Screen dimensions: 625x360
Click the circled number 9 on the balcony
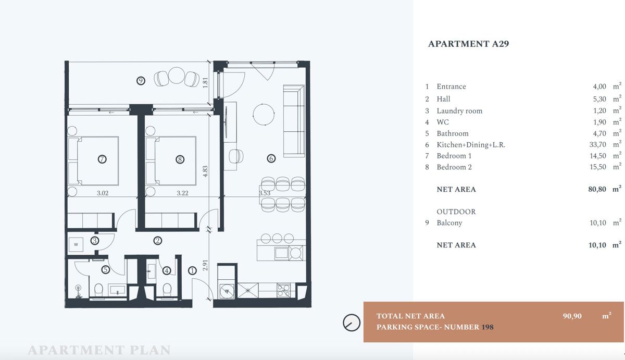tap(141, 81)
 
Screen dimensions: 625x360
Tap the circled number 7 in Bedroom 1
tap(102, 159)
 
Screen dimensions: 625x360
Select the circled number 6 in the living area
tap(271, 158)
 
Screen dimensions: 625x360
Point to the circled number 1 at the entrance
tap(192, 270)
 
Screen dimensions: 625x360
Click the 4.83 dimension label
tap(205, 171)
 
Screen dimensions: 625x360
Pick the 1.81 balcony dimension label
tap(205, 83)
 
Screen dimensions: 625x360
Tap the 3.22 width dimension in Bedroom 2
tap(182, 193)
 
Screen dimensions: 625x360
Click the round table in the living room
tap(264, 115)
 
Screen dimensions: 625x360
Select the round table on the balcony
tap(177, 76)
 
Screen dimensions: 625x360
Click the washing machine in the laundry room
tap(76, 244)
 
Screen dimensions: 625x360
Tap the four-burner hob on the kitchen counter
tap(283, 290)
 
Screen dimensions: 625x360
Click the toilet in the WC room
tap(167, 290)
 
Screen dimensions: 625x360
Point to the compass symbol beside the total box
tap(352, 322)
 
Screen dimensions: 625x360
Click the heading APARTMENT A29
tap(468, 44)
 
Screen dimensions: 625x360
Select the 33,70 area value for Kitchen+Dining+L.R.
tap(598, 144)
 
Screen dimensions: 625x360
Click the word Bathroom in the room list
tap(453, 133)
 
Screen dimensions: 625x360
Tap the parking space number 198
tap(488, 327)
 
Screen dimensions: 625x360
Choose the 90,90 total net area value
tap(572, 316)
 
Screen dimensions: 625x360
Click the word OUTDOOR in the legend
tap(456, 212)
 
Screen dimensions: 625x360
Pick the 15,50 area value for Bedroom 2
tap(598, 167)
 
